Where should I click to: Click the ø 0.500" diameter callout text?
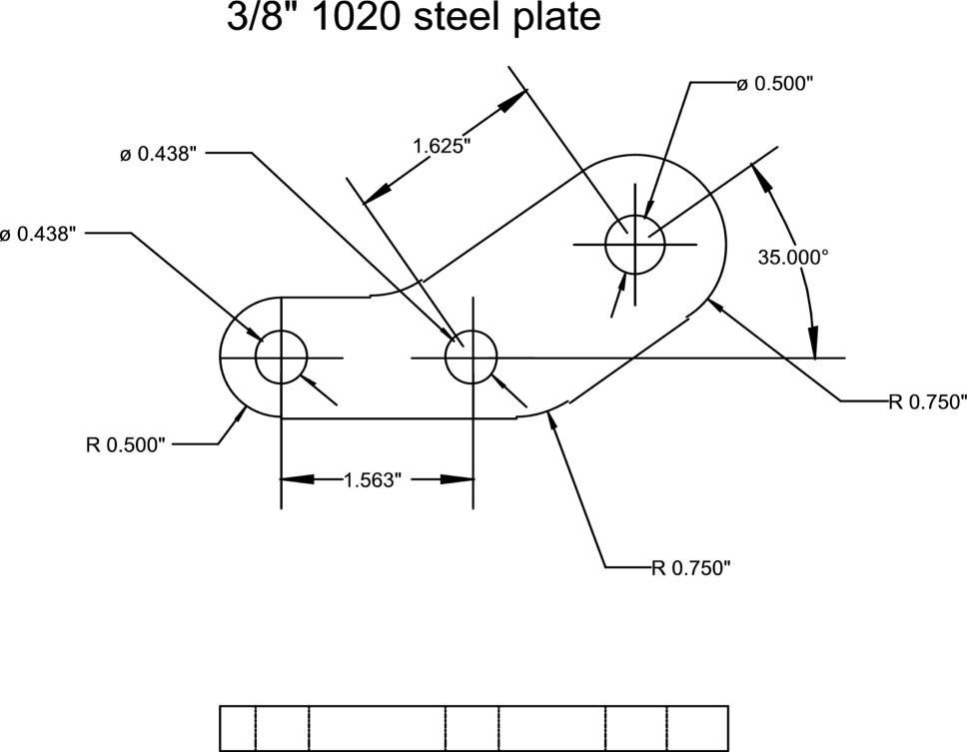775,84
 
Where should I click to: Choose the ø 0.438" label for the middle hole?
159,154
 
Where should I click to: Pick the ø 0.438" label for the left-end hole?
38,234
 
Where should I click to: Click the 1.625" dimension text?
441,146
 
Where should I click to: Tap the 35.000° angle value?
793,257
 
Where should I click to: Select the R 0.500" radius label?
125,444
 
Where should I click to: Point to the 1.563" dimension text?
372,479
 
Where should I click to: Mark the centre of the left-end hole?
281,358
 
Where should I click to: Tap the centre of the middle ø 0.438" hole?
471,358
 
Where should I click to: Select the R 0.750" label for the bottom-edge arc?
691,568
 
